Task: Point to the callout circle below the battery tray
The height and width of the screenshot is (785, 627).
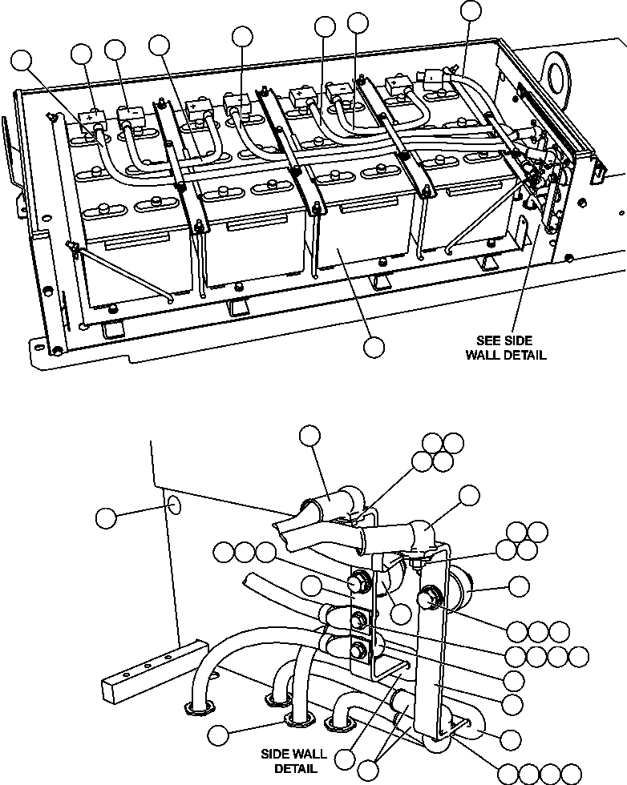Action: [x=374, y=347]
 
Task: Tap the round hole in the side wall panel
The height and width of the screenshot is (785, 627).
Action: [x=174, y=505]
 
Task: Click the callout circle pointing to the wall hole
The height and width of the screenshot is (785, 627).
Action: [x=106, y=517]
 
